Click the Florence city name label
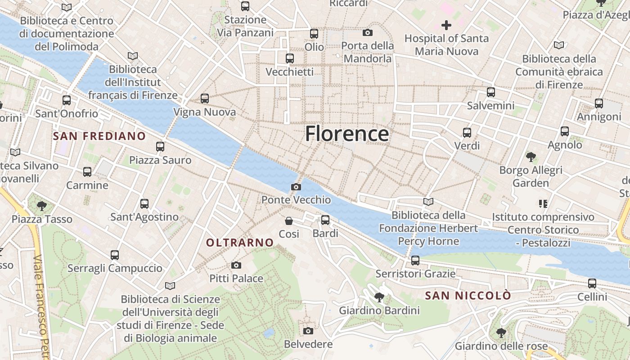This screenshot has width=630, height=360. (x=347, y=134)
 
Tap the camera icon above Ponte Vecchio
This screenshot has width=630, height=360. (x=296, y=187)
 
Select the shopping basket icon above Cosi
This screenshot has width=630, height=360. (x=289, y=221)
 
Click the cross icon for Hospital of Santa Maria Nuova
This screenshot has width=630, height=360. (x=446, y=25)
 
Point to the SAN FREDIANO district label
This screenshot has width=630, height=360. (x=99, y=136)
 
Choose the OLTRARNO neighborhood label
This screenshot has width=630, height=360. (x=240, y=243)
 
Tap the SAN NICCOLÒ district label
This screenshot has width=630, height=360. (x=468, y=296)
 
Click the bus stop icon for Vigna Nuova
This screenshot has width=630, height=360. (x=205, y=99)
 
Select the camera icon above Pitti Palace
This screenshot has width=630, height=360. (x=236, y=265)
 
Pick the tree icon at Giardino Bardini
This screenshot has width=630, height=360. (x=379, y=297)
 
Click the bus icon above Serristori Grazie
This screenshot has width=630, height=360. (x=415, y=261)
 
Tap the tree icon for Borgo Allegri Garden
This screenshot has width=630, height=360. (x=531, y=157)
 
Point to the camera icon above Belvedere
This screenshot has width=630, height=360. (x=308, y=331)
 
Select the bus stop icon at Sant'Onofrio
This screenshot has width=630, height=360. (x=67, y=100)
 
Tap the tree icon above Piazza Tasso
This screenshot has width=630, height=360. (x=42, y=206)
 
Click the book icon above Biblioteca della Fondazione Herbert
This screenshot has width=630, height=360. (x=428, y=202)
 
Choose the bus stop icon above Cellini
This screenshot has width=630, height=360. (x=592, y=283)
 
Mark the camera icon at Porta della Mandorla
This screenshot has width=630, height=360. (x=368, y=32)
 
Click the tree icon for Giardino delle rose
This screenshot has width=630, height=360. (x=501, y=333)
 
